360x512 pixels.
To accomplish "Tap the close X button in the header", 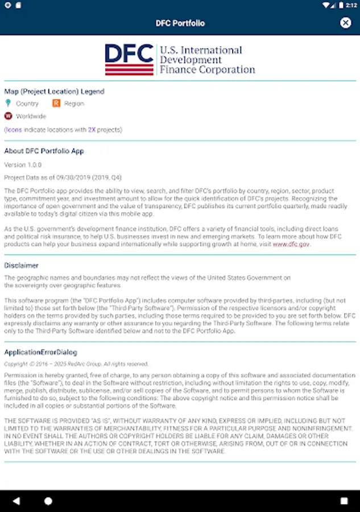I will (345, 23).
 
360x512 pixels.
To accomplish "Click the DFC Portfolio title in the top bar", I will (180, 23).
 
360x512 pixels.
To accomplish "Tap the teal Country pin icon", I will (8, 103).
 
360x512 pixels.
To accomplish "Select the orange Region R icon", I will (56, 103).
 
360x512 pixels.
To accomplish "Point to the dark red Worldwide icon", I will (8, 116).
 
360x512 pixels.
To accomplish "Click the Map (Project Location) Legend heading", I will (54, 91).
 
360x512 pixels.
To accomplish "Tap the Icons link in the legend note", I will (14, 130).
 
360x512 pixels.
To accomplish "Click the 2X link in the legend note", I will (92, 130).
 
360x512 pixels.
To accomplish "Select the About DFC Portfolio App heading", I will (44, 151).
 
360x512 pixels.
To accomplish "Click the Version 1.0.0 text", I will (23, 164).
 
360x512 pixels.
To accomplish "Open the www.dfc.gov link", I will (291, 243).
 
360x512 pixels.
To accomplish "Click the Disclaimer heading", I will (21, 265).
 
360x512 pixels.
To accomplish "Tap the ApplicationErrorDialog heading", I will (40, 352).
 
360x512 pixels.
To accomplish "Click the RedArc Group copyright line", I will (76, 364).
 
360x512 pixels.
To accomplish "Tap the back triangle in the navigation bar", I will (16, 501).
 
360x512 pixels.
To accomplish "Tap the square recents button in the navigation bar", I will (344, 501).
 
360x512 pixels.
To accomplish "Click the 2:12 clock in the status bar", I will (352, 5).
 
